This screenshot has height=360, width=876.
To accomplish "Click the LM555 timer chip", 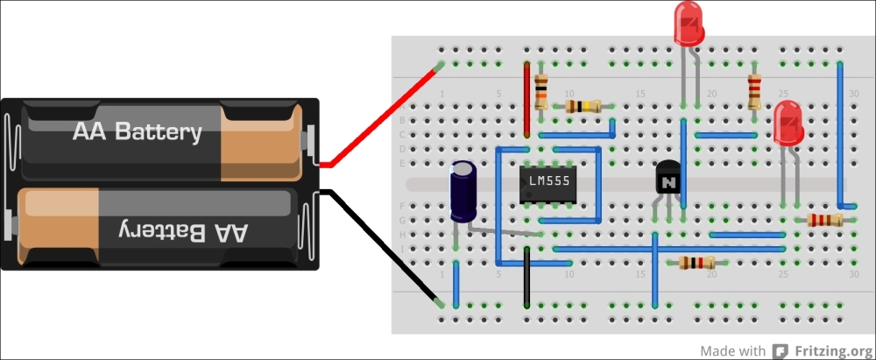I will [548, 184].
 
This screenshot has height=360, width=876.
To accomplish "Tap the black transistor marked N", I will [668, 181].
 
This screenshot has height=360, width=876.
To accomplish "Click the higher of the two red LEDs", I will [688, 23].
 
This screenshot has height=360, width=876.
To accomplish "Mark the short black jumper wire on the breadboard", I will [526, 276].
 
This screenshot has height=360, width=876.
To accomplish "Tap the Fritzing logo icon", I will [779, 350].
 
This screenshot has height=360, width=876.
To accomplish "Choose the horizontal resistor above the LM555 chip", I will [583, 106].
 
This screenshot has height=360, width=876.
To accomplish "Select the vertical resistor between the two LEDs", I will [754, 89].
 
